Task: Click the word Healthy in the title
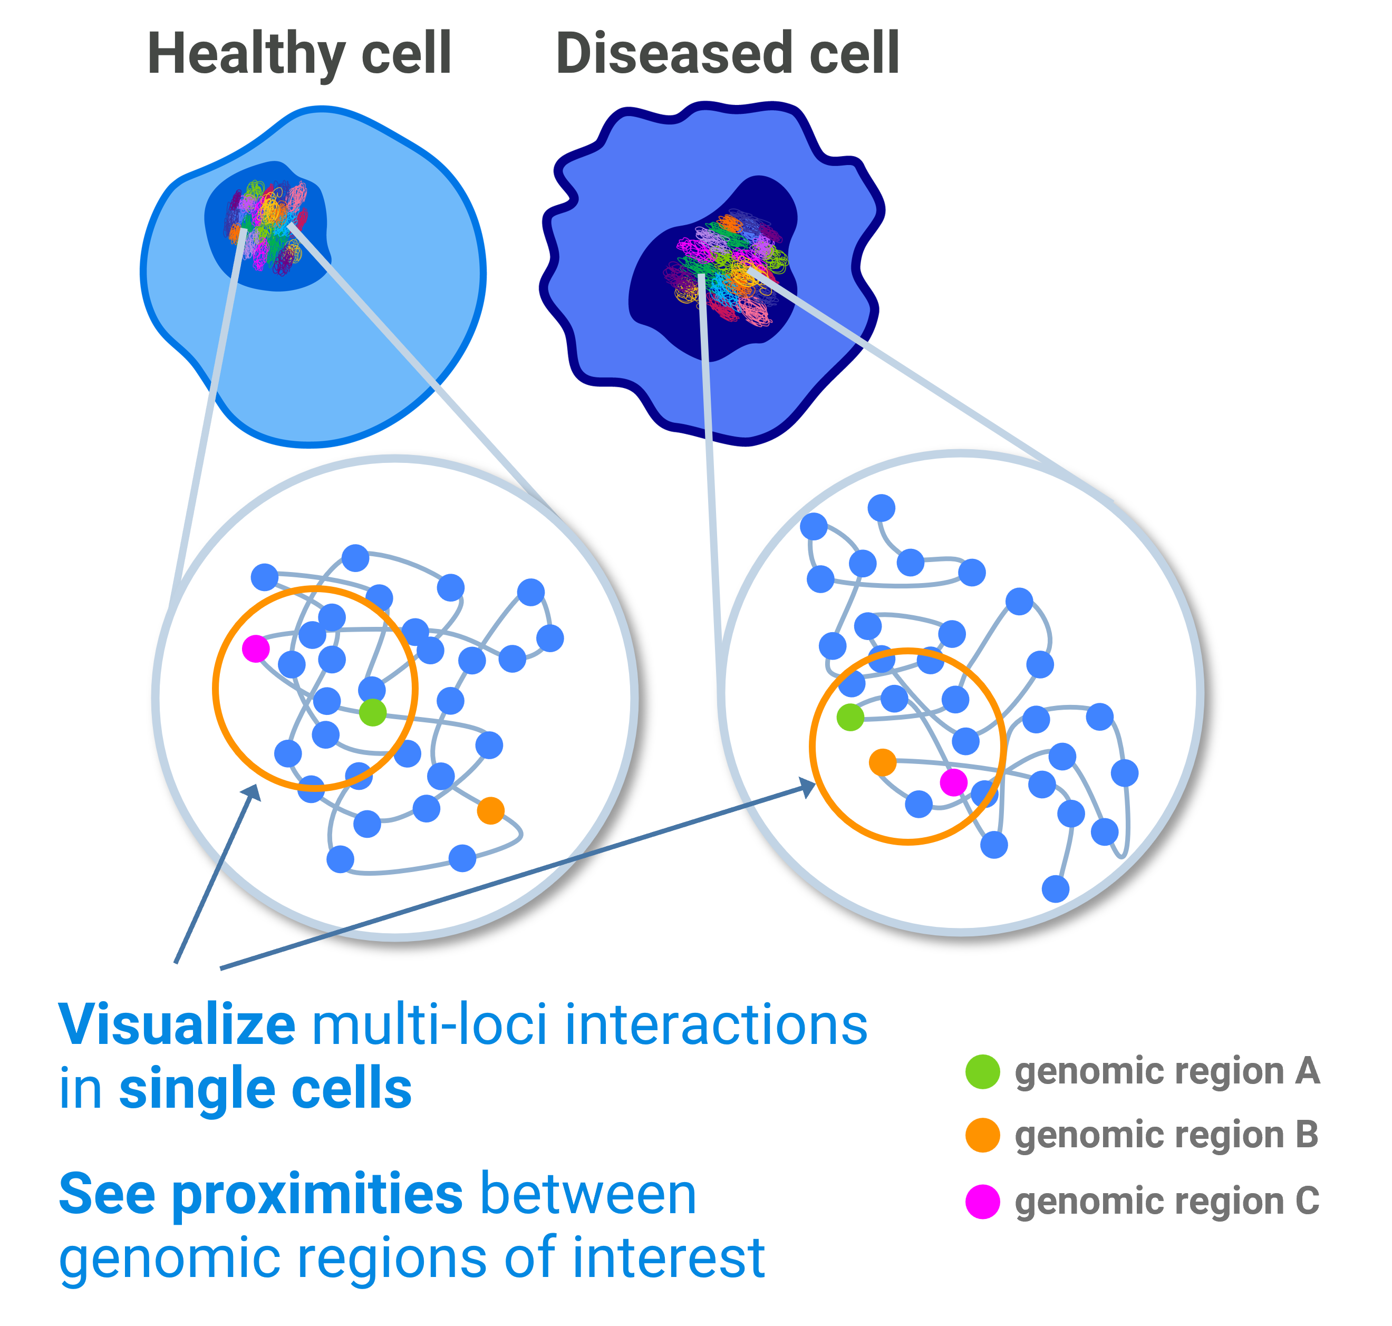(x=245, y=55)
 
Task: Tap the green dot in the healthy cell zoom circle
(x=373, y=712)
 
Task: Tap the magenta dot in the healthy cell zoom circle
(x=255, y=648)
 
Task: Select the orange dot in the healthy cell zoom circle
(x=491, y=810)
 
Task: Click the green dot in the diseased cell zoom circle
(x=850, y=717)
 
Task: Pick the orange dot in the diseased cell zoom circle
(x=882, y=762)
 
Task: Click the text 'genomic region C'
(x=1166, y=1202)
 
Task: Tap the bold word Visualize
(x=177, y=1025)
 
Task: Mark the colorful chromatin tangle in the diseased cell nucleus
(x=727, y=266)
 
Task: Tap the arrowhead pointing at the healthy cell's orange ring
(x=253, y=793)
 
